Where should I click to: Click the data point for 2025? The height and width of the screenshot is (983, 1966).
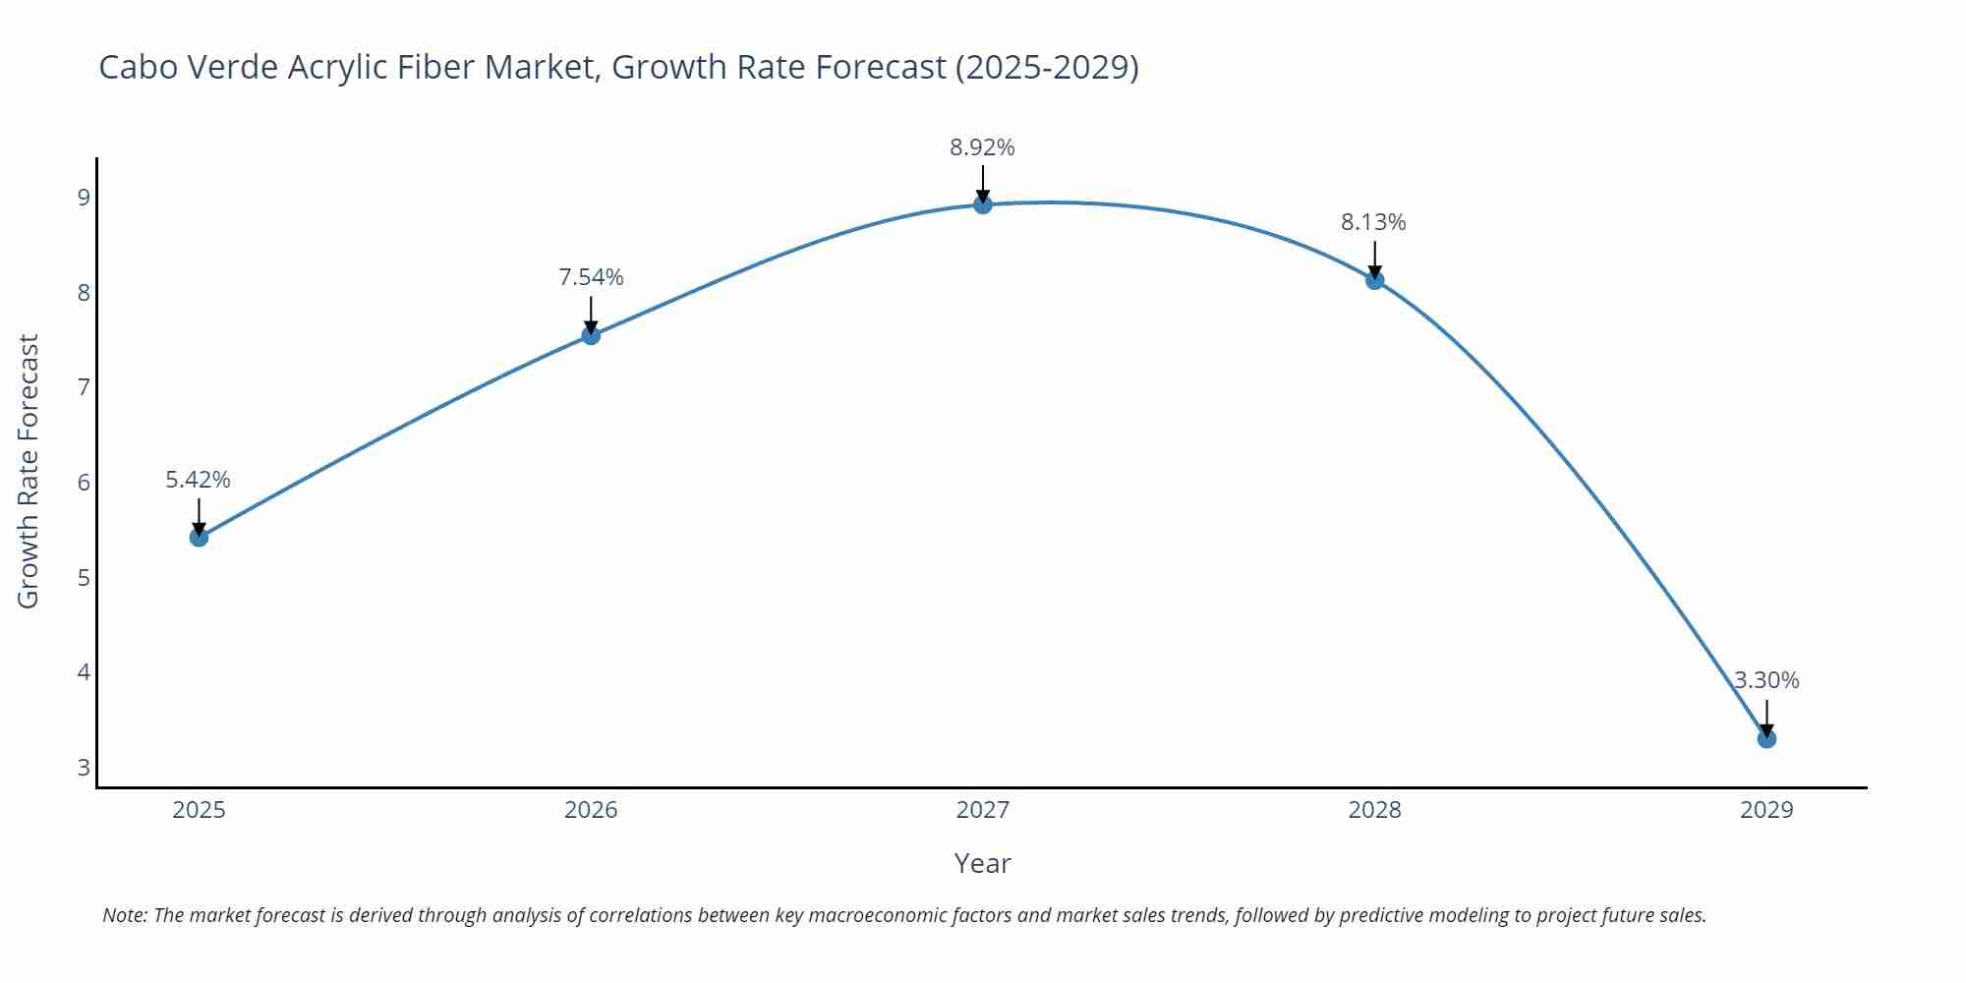coord(199,537)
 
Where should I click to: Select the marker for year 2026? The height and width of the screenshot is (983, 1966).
coord(591,335)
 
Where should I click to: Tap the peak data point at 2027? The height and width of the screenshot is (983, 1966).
coord(983,204)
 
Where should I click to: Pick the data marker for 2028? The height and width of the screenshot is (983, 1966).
coord(1374,280)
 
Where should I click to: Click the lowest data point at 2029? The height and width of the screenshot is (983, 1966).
coord(1766,738)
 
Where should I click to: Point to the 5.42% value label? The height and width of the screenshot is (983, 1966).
coord(198,480)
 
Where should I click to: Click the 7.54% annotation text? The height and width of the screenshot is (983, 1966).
coord(591,277)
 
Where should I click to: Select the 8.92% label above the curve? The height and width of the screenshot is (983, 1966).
coord(982,147)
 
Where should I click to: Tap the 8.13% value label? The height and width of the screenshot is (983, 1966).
coord(1373,222)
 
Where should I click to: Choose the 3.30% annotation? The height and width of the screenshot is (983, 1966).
coord(1766,680)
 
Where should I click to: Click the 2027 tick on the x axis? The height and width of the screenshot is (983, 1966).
coord(983,810)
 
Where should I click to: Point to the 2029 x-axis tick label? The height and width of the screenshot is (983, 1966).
coord(1766,810)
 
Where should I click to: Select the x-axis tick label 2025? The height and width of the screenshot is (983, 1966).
coord(199,810)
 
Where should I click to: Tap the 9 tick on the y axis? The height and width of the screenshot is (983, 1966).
coord(84,198)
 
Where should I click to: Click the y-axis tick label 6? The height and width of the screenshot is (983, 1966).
coord(84,483)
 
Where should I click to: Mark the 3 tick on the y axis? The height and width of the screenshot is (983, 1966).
coord(84,768)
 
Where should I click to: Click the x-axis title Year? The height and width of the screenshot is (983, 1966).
coord(982,863)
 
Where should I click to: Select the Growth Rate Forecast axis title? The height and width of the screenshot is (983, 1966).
coord(29,471)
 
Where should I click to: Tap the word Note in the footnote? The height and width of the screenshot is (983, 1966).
coord(125,915)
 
